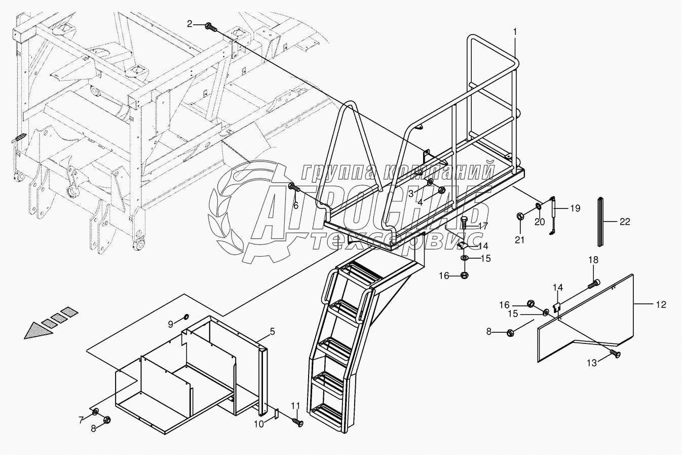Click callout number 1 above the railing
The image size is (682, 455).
point(515,32)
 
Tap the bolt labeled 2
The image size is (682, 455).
point(211,26)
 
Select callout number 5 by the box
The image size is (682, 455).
point(272,332)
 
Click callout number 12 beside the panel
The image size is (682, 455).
point(661,304)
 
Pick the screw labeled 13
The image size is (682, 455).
point(615,354)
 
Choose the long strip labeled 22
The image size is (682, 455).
point(601,221)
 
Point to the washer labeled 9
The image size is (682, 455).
point(186,317)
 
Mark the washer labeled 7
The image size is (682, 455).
point(95,411)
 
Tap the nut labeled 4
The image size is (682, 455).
point(441,191)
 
